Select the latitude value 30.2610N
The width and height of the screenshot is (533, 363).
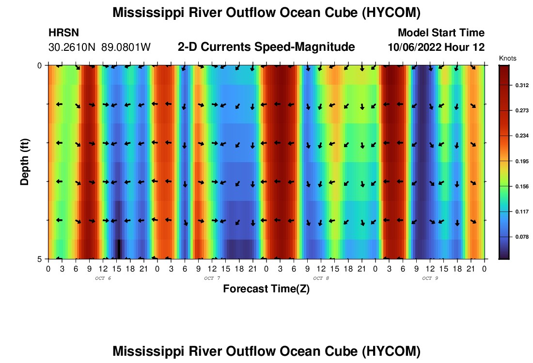73,47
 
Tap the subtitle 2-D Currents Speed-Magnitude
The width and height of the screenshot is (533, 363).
266,47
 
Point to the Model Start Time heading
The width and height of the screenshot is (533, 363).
440,33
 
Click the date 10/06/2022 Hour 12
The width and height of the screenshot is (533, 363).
436,47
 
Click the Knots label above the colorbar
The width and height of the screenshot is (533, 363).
507,58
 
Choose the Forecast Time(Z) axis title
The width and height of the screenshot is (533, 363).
266,289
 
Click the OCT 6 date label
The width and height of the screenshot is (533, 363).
103,278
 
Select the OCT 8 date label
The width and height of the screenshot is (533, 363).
321,278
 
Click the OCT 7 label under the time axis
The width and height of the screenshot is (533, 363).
212,278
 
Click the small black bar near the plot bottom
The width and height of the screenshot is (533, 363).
119,249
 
